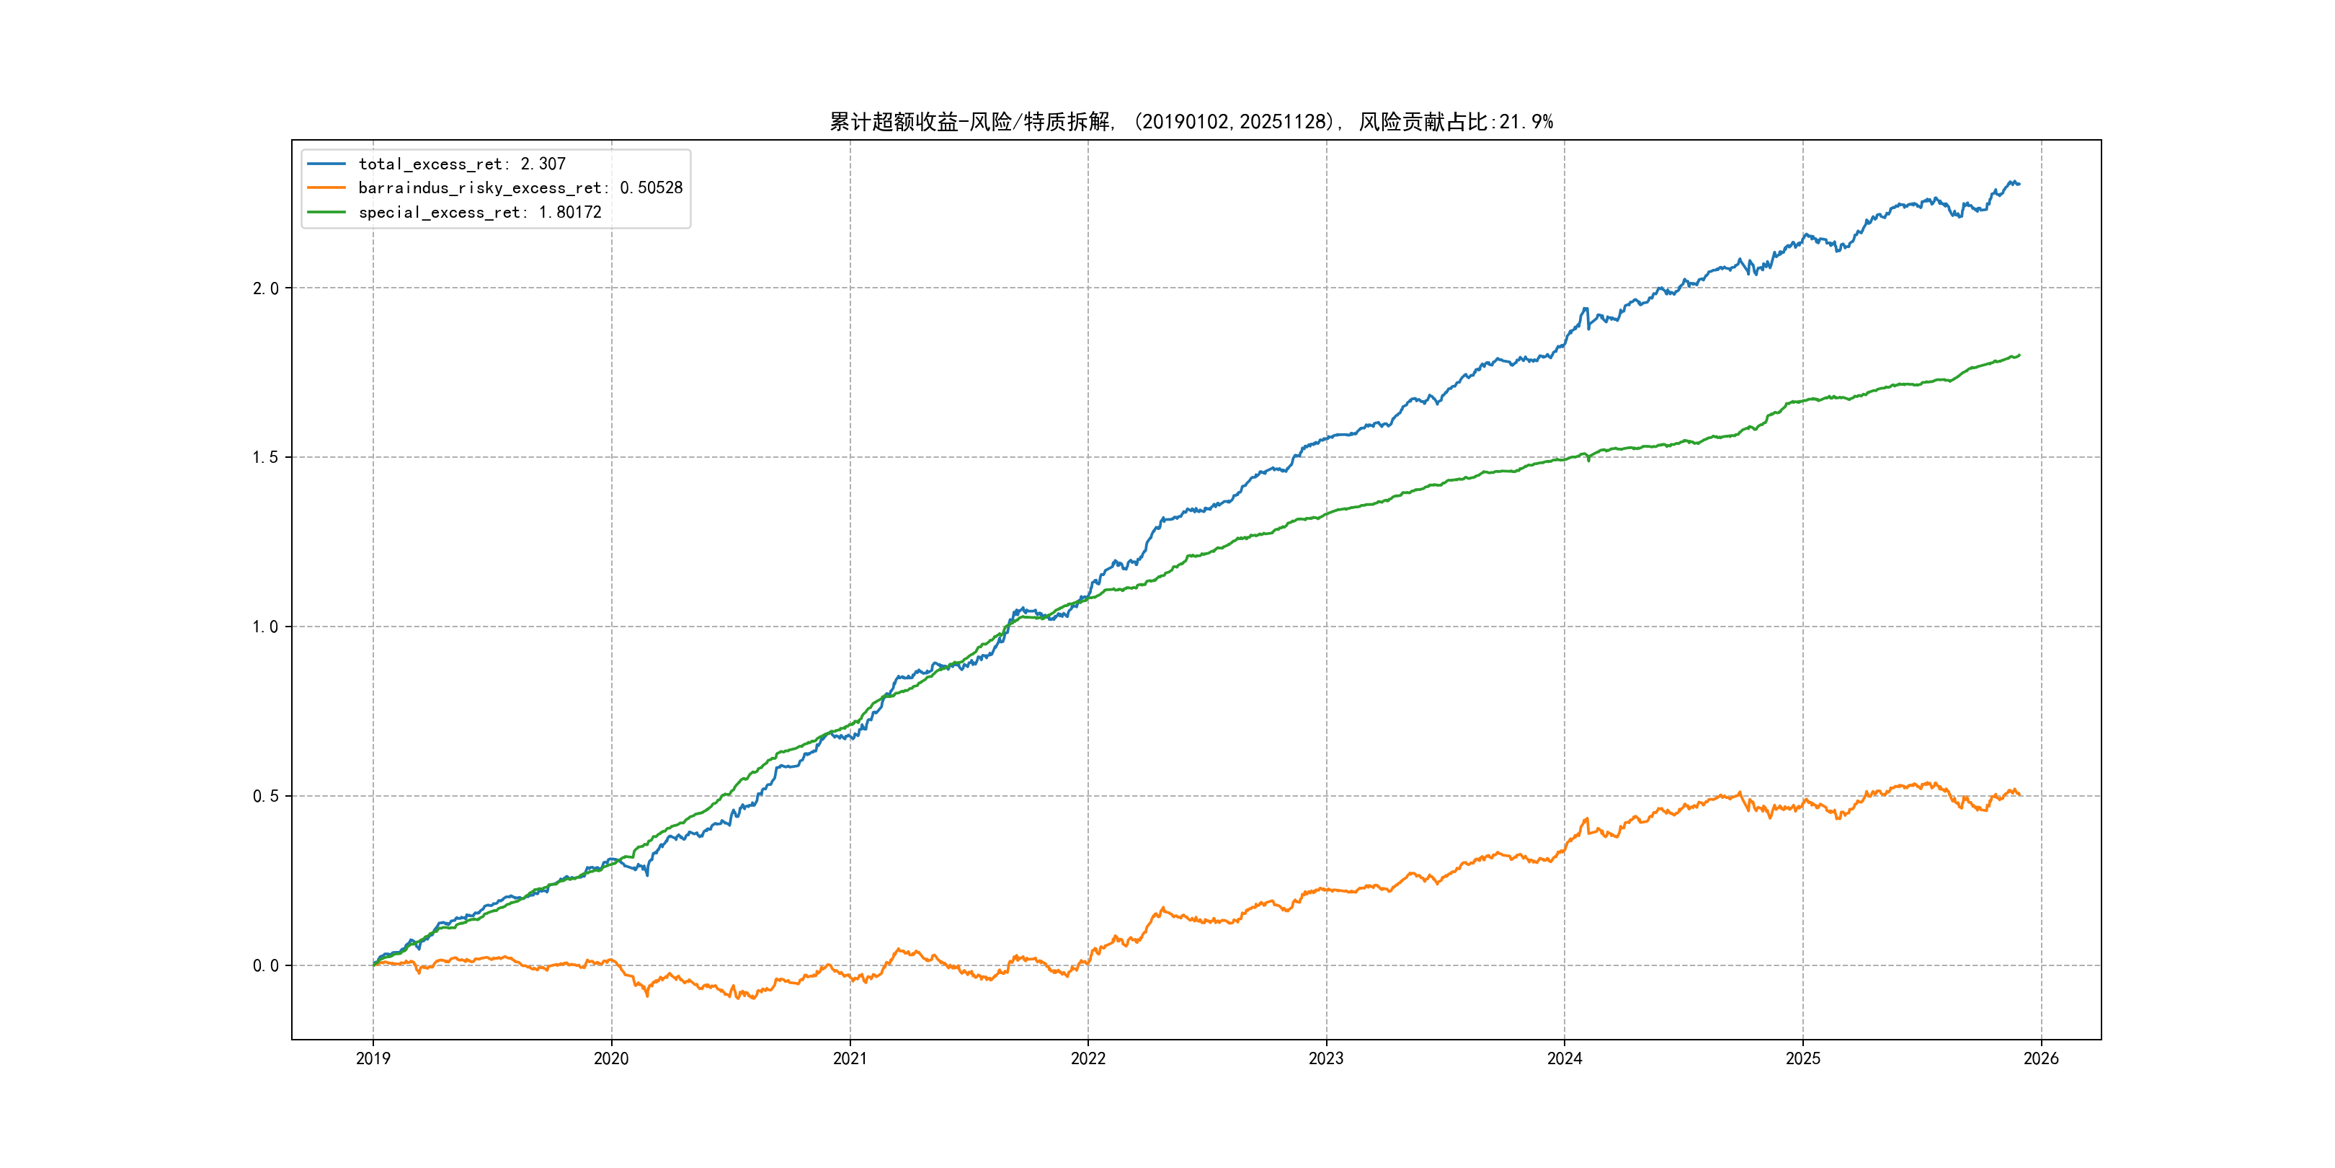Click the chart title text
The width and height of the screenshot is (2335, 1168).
click(x=1190, y=122)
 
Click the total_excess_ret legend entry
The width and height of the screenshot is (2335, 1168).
click(x=461, y=164)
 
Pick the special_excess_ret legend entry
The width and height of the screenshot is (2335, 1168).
click(x=479, y=212)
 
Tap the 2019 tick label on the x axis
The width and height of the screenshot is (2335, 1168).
click(x=373, y=1058)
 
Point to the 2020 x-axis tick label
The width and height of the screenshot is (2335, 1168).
click(x=611, y=1058)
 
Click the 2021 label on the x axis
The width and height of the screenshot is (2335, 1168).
click(x=850, y=1058)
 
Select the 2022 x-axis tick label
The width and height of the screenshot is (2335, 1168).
click(x=1088, y=1058)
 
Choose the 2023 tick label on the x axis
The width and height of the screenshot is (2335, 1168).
click(x=1326, y=1058)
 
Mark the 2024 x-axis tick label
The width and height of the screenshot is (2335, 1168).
click(x=1565, y=1058)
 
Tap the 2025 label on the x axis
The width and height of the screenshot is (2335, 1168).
click(x=1803, y=1058)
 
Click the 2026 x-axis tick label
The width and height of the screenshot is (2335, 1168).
click(x=2041, y=1058)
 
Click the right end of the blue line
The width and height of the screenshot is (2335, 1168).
click(x=2019, y=184)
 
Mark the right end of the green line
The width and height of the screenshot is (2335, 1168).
click(x=2019, y=355)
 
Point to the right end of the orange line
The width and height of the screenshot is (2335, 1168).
click(x=2019, y=795)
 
